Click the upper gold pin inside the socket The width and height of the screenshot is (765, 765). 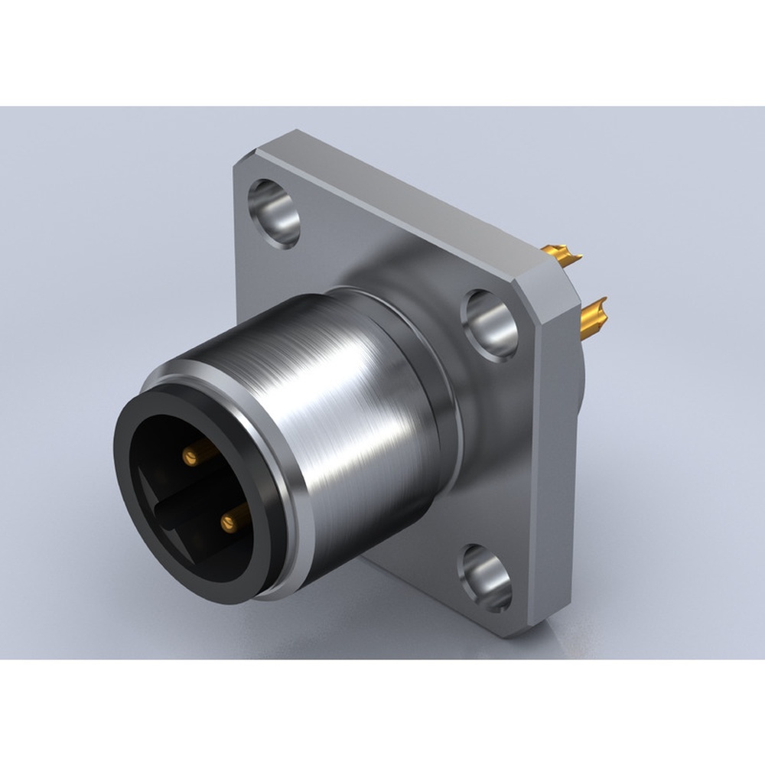[x=190, y=457]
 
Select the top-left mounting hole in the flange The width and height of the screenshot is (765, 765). [x=274, y=212]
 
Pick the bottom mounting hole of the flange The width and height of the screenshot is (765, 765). [x=485, y=578]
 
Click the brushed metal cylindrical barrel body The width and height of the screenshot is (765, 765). [x=360, y=428]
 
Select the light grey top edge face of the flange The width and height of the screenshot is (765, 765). [x=398, y=199]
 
